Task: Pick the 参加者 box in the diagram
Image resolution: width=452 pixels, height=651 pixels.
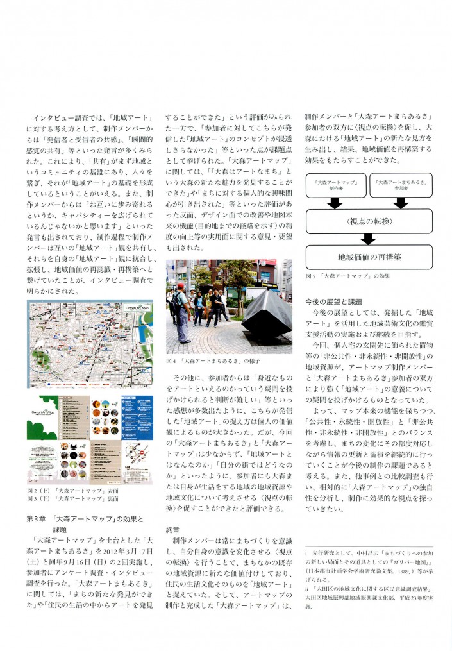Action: tap(401, 186)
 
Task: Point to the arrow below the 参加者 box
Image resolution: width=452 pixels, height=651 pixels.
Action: tap(401, 203)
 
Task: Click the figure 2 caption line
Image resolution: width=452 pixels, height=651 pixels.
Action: tap(72, 490)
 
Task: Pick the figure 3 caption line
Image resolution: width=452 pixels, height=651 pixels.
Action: tap(72, 498)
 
